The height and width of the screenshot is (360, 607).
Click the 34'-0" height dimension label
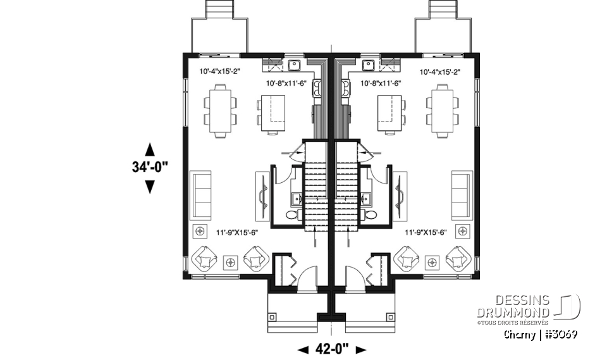coord(150,168)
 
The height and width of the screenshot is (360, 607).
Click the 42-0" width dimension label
coord(332,349)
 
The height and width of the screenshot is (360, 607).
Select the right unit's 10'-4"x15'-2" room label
coord(439,72)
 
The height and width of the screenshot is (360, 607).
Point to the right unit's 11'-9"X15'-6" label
coord(426,232)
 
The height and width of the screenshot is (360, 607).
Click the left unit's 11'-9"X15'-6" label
coord(236,232)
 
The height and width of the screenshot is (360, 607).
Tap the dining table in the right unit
coord(441,113)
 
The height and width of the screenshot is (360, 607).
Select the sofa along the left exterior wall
coord(202,195)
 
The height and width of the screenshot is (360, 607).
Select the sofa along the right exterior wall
coord(461,195)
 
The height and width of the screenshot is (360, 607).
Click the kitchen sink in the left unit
coord(295,64)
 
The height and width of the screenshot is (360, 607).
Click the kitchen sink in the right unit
coord(367,64)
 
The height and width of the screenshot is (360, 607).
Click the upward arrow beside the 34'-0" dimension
coord(150,149)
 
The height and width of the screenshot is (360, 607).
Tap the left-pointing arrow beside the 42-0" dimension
coord(303,349)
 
